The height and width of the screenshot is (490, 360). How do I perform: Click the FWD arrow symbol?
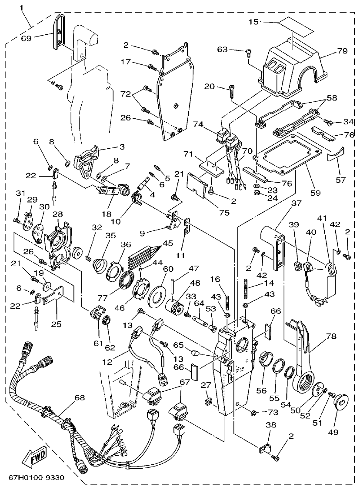click(33, 457)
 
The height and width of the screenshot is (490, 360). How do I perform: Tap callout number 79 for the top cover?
click(342, 51)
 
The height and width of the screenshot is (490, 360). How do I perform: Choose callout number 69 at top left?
click(27, 38)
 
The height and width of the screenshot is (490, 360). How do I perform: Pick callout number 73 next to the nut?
click(272, 412)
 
